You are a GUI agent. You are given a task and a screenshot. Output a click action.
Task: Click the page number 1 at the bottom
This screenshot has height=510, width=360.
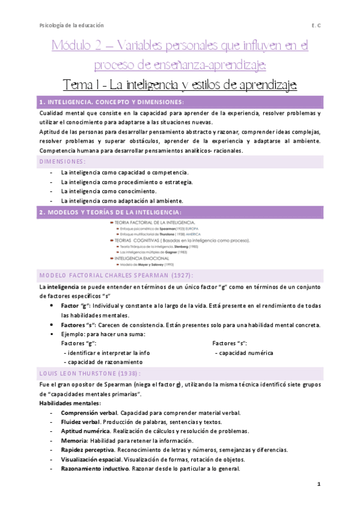click(320, 484)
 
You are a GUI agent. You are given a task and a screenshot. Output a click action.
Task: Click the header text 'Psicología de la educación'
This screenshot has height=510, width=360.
click(71, 25)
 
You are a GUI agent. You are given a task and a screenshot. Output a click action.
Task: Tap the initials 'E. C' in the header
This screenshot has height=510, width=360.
click(316, 25)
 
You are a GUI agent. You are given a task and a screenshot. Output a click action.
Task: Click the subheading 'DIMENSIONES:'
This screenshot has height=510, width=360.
click(62, 161)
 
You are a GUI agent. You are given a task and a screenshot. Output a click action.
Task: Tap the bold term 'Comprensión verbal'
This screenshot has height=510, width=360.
click(89, 413)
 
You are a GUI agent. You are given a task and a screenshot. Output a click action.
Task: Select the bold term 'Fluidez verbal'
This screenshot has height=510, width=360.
click(81, 422)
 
